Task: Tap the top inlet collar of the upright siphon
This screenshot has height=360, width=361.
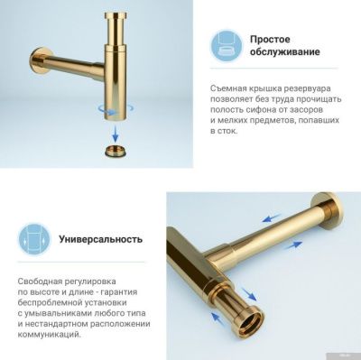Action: [117, 19]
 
